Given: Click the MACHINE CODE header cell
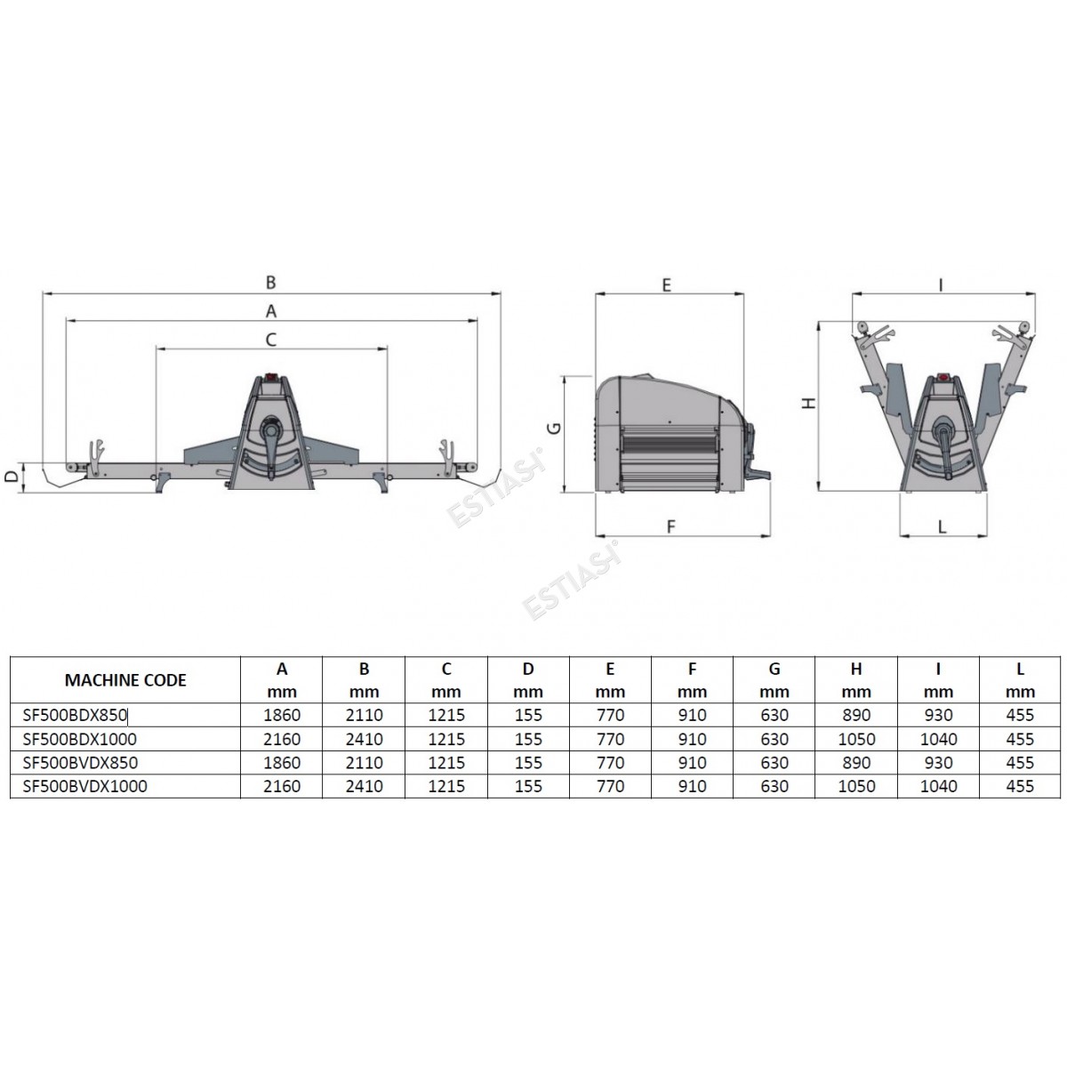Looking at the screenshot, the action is pyautogui.click(x=125, y=680).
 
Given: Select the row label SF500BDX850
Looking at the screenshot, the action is pyautogui.click(x=75, y=716).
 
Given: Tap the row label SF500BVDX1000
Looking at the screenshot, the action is pyautogui.click(x=84, y=786).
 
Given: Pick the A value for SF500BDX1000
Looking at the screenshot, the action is pyautogui.click(x=282, y=739).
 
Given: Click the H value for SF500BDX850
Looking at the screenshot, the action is pyautogui.click(x=856, y=716).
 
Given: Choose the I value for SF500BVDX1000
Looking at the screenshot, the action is pyautogui.click(x=938, y=786).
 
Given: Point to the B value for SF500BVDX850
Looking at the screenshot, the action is pyautogui.click(x=364, y=762).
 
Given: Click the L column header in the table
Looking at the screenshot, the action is pyautogui.click(x=1020, y=680).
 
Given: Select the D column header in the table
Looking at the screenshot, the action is pyautogui.click(x=527, y=680).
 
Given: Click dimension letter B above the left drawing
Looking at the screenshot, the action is pyautogui.click(x=270, y=283).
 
